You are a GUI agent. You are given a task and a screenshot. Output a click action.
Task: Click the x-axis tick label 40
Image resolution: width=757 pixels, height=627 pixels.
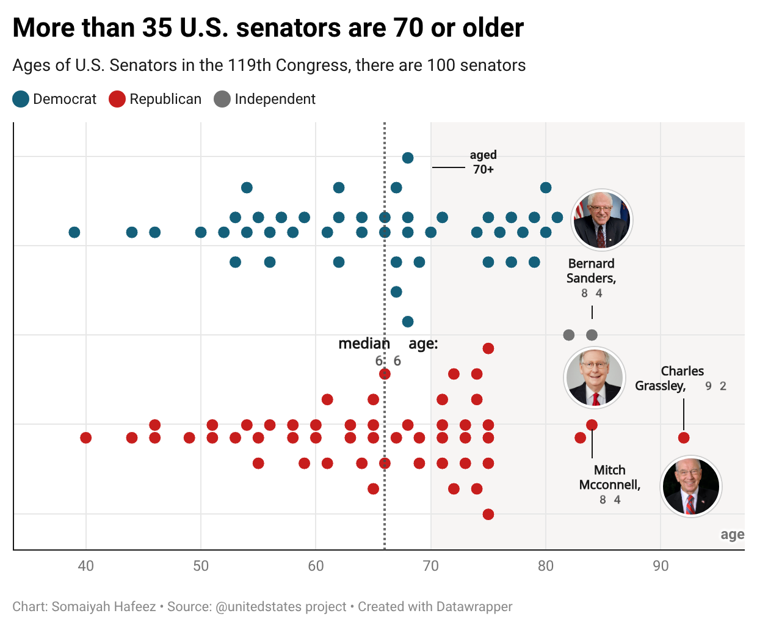click(x=86, y=566)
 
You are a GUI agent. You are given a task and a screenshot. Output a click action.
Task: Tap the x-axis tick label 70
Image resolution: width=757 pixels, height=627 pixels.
click(x=431, y=566)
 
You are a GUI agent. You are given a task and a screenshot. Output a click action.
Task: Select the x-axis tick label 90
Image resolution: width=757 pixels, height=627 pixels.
click(x=661, y=566)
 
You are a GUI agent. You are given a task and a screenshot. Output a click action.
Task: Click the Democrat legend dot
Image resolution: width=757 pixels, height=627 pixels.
click(x=21, y=99)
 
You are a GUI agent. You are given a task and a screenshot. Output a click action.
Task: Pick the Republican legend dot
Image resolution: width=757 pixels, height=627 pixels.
click(x=117, y=99)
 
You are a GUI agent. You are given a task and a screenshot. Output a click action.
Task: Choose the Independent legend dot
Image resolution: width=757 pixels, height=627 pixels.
click(x=222, y=99)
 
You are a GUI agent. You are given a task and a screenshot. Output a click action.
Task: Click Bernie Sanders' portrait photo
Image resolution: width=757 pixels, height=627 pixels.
click(x=602, y=220)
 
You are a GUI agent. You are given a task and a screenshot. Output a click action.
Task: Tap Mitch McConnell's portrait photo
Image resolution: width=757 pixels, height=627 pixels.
click(x=595, y=378)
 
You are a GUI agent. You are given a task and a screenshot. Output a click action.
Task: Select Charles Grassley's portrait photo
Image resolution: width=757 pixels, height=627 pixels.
click(x=691, y=486)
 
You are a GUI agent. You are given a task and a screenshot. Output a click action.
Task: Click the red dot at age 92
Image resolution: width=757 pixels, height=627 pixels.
click(x=684, y=438)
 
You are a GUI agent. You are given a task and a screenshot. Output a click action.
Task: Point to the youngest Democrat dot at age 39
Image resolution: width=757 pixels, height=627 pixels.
click(x=74, y=232)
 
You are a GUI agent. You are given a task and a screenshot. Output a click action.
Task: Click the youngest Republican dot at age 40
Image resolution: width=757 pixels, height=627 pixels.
click(x=86, y=438)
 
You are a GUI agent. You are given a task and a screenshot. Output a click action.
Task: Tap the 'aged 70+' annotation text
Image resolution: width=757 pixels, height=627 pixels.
click(x=484, y=162)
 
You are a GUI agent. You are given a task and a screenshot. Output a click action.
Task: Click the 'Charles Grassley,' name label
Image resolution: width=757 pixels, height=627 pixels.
click(x=669, y=378)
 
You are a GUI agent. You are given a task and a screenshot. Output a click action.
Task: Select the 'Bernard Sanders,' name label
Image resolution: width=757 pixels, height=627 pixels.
click(x=592, y=271)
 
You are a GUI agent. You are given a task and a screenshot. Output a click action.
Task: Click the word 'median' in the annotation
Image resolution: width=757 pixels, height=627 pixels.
click(x=364, y=343)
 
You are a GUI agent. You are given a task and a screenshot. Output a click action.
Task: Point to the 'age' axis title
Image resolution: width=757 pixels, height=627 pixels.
click(x=733, y=535)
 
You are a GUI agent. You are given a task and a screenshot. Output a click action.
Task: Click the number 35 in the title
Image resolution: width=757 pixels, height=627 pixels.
click(x=157, y=28)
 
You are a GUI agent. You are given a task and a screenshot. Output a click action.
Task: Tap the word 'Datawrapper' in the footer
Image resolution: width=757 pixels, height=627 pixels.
click(x=474, y=607)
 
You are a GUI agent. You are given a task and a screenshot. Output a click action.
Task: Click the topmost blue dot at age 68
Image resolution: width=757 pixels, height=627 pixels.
click(x=408, y=158)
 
